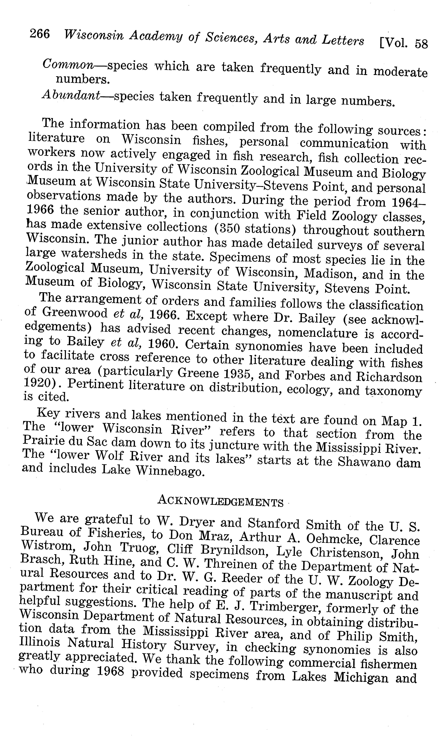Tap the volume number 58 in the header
tap(421, 44)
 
